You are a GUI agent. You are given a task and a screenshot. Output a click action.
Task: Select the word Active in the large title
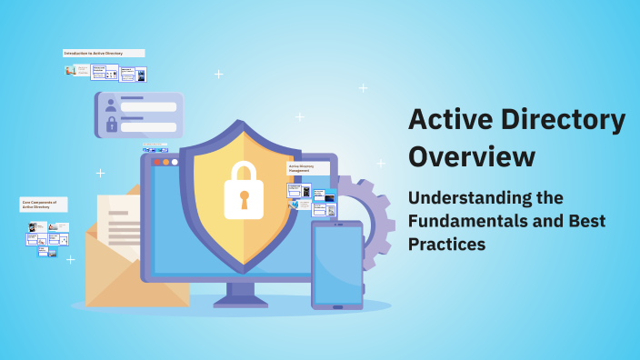click(448, 119)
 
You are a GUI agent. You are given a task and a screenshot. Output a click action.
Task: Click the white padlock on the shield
click(243, 190)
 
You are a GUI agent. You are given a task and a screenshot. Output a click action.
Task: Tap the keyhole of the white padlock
click(243, 197)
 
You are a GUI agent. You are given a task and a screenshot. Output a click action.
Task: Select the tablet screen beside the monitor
click(337, 264)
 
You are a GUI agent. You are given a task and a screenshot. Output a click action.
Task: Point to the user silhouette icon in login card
click(111, 105)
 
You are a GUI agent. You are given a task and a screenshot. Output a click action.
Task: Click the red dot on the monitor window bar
click(156, 162)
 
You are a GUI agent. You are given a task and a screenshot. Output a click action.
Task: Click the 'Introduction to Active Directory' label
click(103, 54)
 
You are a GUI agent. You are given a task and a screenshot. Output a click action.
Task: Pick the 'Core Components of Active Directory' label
click(43, 205)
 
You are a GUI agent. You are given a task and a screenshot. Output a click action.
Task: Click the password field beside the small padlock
click(148, 126)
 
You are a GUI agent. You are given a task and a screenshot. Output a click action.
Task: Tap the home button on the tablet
click(337, 306)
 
